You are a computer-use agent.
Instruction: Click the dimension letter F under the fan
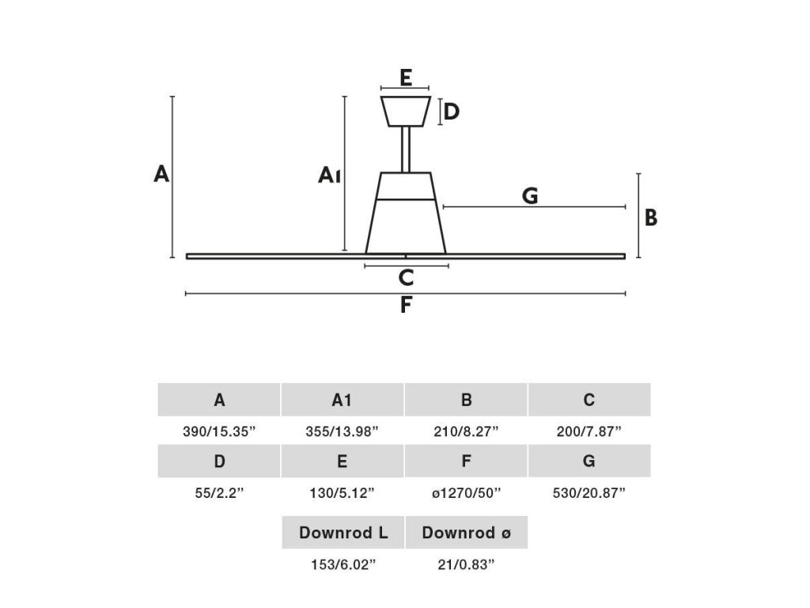point(406,306)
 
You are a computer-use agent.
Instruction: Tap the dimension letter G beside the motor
point(530,196)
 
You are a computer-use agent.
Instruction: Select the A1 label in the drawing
point(329,175)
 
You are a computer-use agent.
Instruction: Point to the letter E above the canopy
point(405,78)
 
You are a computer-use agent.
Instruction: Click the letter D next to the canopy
point(451,112)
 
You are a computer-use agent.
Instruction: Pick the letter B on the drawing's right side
point(651,217)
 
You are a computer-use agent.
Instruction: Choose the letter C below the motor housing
point(406,278)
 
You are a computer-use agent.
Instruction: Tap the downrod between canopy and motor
point(405,150)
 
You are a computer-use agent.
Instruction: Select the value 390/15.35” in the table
point(219,431)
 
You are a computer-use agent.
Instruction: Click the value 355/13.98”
point(343,431)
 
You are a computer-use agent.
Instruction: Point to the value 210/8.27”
point(466,431)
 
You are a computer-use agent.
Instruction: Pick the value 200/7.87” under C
point(589,431)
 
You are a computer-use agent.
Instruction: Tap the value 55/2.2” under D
point(219,493)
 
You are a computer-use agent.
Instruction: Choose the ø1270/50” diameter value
point(466,493)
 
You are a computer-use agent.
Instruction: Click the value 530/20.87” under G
point(589,493)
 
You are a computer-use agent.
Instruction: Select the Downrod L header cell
point(343,533)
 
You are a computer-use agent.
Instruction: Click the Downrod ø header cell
point(466,533)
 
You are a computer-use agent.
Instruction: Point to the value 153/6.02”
point(343,564)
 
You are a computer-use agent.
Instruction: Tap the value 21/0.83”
point(466,564)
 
